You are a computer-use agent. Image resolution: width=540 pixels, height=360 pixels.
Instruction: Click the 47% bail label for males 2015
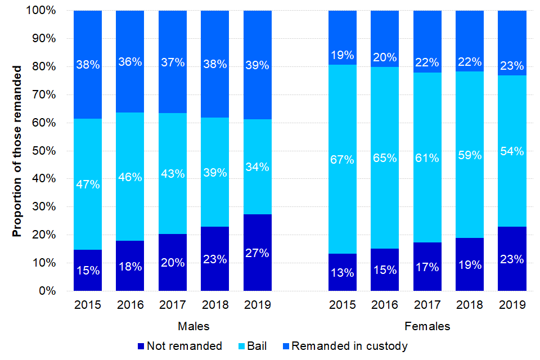pos(88,184)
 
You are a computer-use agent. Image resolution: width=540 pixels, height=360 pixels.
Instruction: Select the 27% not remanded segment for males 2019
pos(258,253)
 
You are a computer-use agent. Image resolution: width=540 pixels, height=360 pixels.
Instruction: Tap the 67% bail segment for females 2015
pos(343,159)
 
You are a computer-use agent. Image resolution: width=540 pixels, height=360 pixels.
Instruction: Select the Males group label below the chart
pos(194,326)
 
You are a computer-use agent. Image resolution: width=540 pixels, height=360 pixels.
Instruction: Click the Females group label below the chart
pos(427,326)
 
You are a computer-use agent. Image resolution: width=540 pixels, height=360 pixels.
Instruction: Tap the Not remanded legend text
pos(184,346)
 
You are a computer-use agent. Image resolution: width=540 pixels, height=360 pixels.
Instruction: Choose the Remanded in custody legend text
pos(349,346)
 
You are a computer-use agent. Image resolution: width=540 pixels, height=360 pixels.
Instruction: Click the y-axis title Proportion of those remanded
pos(17,151)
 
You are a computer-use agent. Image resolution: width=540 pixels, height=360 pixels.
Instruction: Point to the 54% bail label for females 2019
pos(512,151)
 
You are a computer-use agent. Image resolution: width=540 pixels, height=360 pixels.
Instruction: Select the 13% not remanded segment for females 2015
pos(343,272)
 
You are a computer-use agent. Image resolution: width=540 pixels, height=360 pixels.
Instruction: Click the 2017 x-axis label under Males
pos(173,305)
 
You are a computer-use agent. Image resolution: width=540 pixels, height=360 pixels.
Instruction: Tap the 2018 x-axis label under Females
pos(470,305)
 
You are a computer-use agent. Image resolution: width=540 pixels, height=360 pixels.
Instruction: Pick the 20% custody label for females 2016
pos(385,57)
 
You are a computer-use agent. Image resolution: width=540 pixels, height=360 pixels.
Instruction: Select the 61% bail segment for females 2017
pos(427,157)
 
